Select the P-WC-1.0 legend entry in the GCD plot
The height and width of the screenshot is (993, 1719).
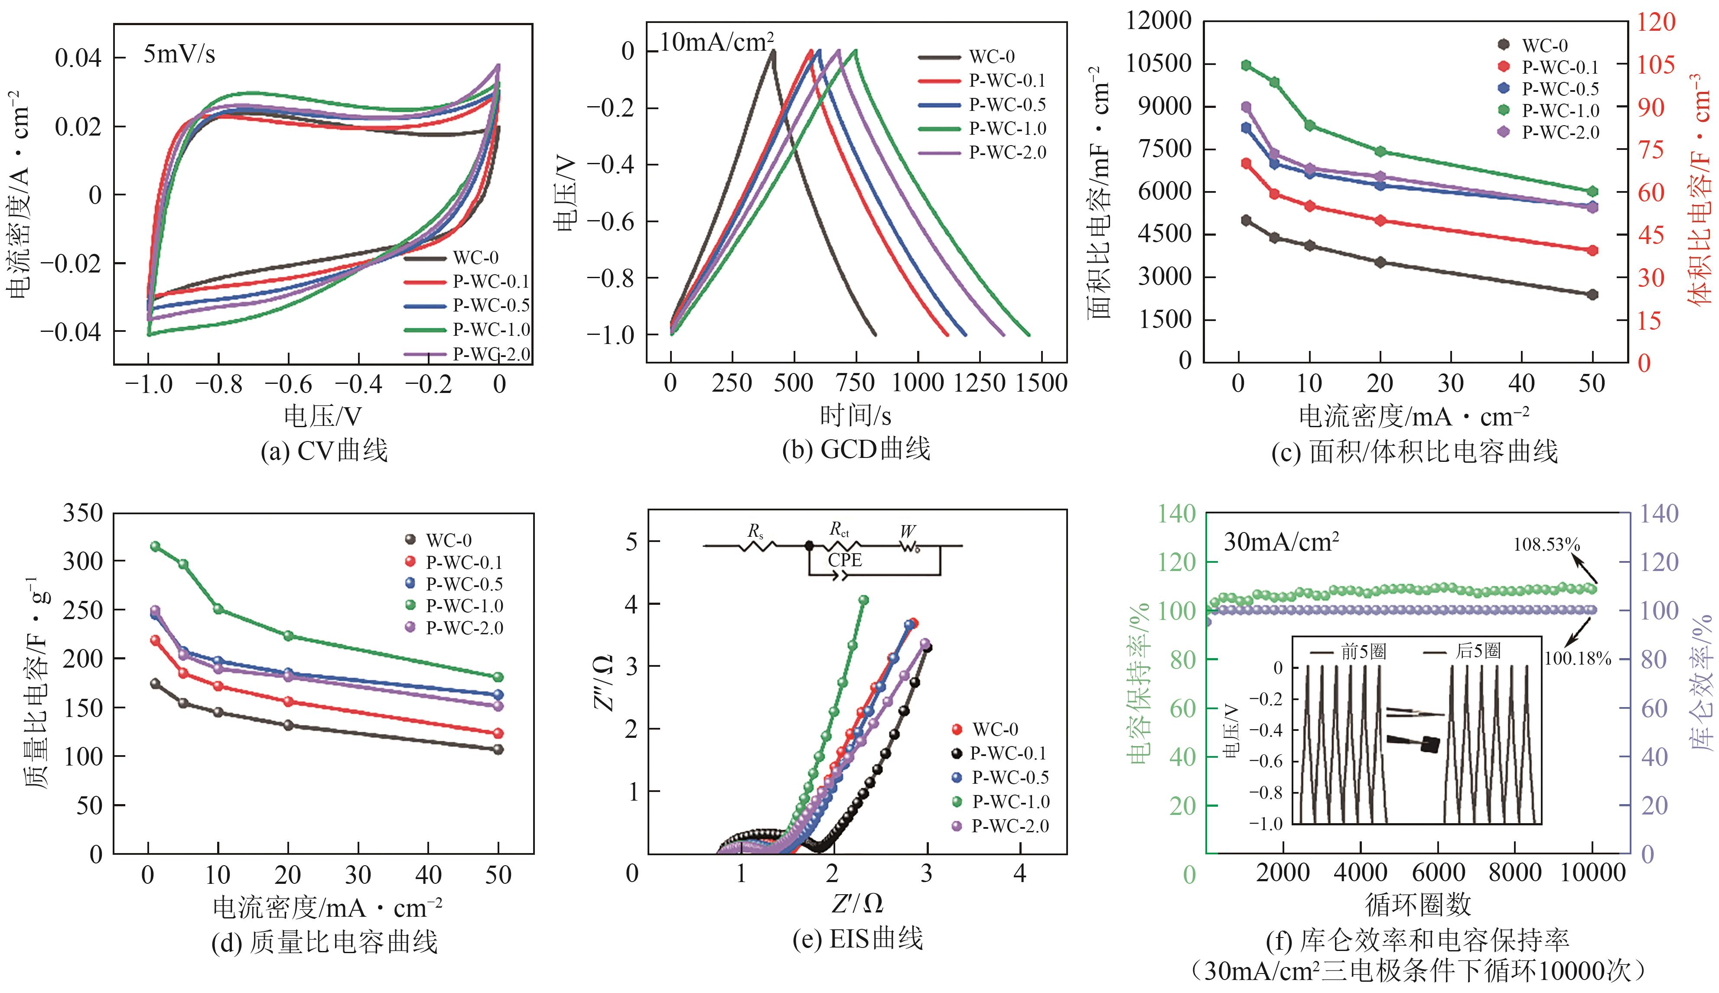tap(1007, 128)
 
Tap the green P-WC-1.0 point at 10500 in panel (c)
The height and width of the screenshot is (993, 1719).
tap(1246, 65)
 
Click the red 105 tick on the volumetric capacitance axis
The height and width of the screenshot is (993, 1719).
tap(1656, 65)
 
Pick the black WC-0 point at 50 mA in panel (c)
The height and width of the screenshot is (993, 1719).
tap(1593, 295)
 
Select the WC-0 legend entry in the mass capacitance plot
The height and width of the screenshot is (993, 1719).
tap(448, 541)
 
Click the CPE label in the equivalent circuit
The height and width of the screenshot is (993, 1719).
tap(844, 560)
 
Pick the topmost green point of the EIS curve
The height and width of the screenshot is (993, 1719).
tap(863, 600)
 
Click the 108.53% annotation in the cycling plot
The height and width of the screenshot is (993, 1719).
tap(1546, 544)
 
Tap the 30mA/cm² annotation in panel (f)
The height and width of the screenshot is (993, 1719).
tap(1281, 542)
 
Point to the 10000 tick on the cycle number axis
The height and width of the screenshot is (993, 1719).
tap(1593, 873)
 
